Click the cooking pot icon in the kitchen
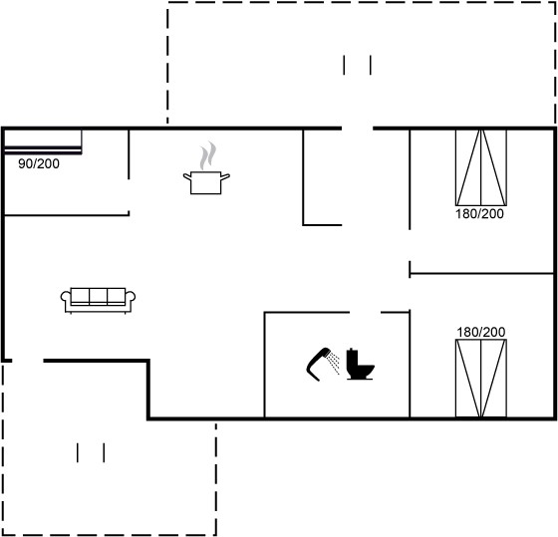(x=206, y=183)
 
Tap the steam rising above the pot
(x=208, y=155)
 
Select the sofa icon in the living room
(x=98, y=300)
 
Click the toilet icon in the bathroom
(x=360, y=364)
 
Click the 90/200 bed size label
(x=39, y=163)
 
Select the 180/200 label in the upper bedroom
(x=479, y=214)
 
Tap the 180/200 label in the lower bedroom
(x=480, y=332)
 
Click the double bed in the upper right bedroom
(x=481, y=167)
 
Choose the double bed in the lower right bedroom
(x=481, y=379)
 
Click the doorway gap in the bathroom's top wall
(x=365, y=313)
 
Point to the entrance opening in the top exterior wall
(x=358, y=129)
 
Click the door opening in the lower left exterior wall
(x=28, y=361)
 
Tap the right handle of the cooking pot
(x=225, y=176)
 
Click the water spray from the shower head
(x=334, y=363)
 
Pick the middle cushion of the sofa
(x=99, y=296)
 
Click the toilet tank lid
(x=352, y=350)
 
